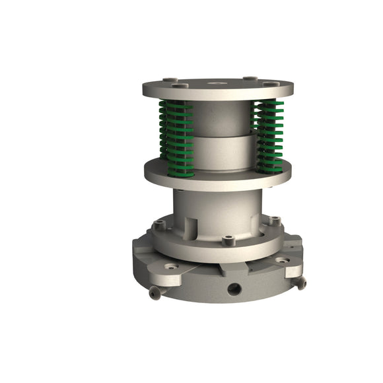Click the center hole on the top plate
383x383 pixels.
pyautogui.click(x=216, y=83)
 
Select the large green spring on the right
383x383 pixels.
pyautogui.click(x=269, y=136)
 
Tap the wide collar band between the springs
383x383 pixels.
pyautogui.click(x=221, y=152)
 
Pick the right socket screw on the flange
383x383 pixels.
pyautogui.click(x=275, y=221)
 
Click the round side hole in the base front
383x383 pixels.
pyautogui.click(x=234, y=289)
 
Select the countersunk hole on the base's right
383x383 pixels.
pyautogui.click(x=283, y=261)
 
